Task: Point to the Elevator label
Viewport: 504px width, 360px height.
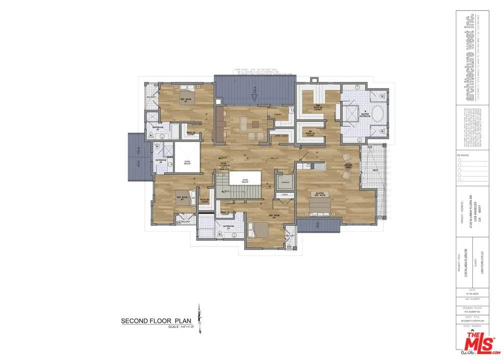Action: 285,182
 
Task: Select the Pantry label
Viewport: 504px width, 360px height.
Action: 278,114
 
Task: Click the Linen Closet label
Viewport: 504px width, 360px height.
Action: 281,135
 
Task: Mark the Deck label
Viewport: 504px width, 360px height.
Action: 375,170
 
